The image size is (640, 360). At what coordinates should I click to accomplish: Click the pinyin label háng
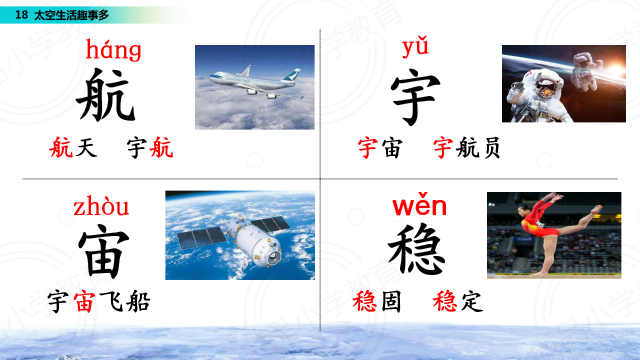(x=113, y=50)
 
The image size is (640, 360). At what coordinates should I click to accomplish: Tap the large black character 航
(x=105, y=94)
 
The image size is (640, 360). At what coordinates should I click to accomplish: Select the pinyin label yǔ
(x=415, y=47)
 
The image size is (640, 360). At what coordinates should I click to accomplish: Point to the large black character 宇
(x=415, y=96)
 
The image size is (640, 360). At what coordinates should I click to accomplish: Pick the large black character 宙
(x=103, y=251)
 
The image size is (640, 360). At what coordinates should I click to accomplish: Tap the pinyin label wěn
(x=419, y=204)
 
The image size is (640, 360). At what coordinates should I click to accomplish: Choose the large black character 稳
(x=416, y=249)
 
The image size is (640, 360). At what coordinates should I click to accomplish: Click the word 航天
(x=73, y=147)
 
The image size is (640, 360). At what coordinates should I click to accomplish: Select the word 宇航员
(x=466, y=147)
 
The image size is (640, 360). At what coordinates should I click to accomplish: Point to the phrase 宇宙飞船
(x=99, y=301)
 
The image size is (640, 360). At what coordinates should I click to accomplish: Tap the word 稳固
(x=377, y=301)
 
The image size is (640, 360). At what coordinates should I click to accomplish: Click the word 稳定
(x=458, y=301)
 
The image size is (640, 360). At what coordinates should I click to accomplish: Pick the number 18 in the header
(x=21, y=15)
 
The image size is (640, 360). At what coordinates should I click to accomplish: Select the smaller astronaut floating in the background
(x=585, y=71)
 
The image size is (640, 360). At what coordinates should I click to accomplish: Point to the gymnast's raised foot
(x=596, y=209)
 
